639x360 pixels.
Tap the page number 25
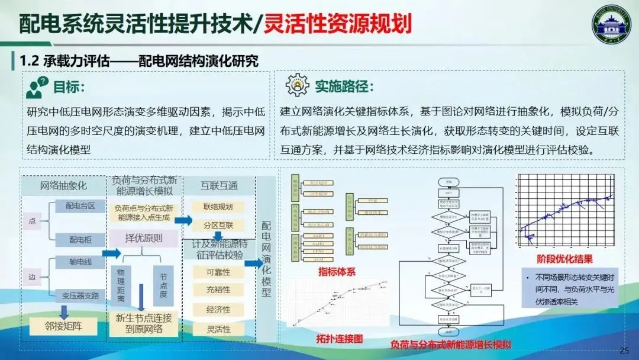(624, 351)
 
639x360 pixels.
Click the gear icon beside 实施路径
(297, 86)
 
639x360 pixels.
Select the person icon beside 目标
(37, 88)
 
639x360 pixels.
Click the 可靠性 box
(218, 272)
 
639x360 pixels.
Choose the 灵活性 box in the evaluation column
(218, 328)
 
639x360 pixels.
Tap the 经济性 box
(218, 309)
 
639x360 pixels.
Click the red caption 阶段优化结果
(564, 259)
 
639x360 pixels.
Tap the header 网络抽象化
(63, 185)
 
